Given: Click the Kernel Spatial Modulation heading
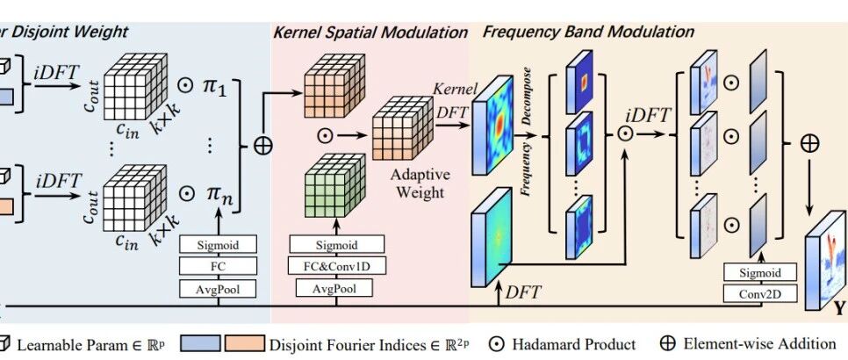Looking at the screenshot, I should (370, 32).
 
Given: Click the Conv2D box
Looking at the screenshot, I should (762, 292).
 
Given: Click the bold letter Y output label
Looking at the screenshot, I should (839, 309).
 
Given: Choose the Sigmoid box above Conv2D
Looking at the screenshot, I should (762, 272).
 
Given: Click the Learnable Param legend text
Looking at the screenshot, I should (88, 343).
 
